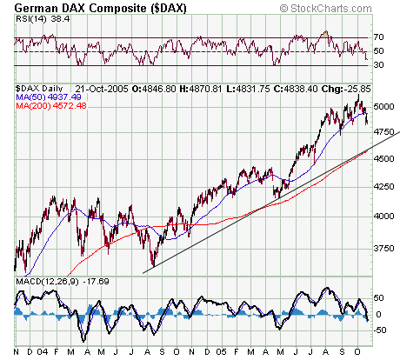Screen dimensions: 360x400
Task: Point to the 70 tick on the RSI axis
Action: (379, 37)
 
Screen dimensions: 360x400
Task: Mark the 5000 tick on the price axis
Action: (383, 106)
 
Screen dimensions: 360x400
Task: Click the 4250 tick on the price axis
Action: (383, 187)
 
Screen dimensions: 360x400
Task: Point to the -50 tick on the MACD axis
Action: (381, 330)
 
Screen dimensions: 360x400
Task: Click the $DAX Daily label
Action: (38, 89)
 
